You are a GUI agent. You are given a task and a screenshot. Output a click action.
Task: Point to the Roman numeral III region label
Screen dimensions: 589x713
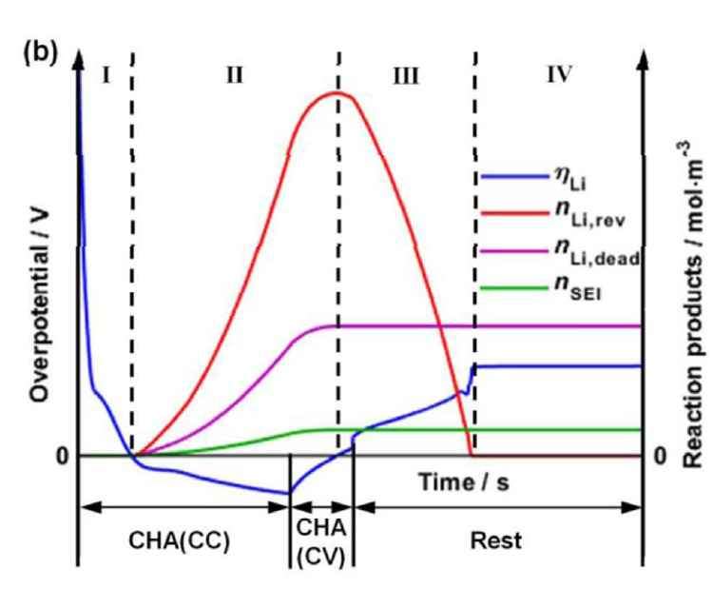407,76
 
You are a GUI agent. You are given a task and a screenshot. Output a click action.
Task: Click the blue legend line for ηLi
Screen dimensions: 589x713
511,175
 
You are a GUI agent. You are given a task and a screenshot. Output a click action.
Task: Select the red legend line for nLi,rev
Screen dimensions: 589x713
511,217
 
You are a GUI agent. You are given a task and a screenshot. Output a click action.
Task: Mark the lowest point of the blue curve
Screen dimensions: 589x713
287,493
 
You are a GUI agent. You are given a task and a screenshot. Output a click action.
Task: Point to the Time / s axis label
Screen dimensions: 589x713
464,482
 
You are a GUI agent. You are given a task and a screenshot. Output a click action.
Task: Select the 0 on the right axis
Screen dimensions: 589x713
661,457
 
